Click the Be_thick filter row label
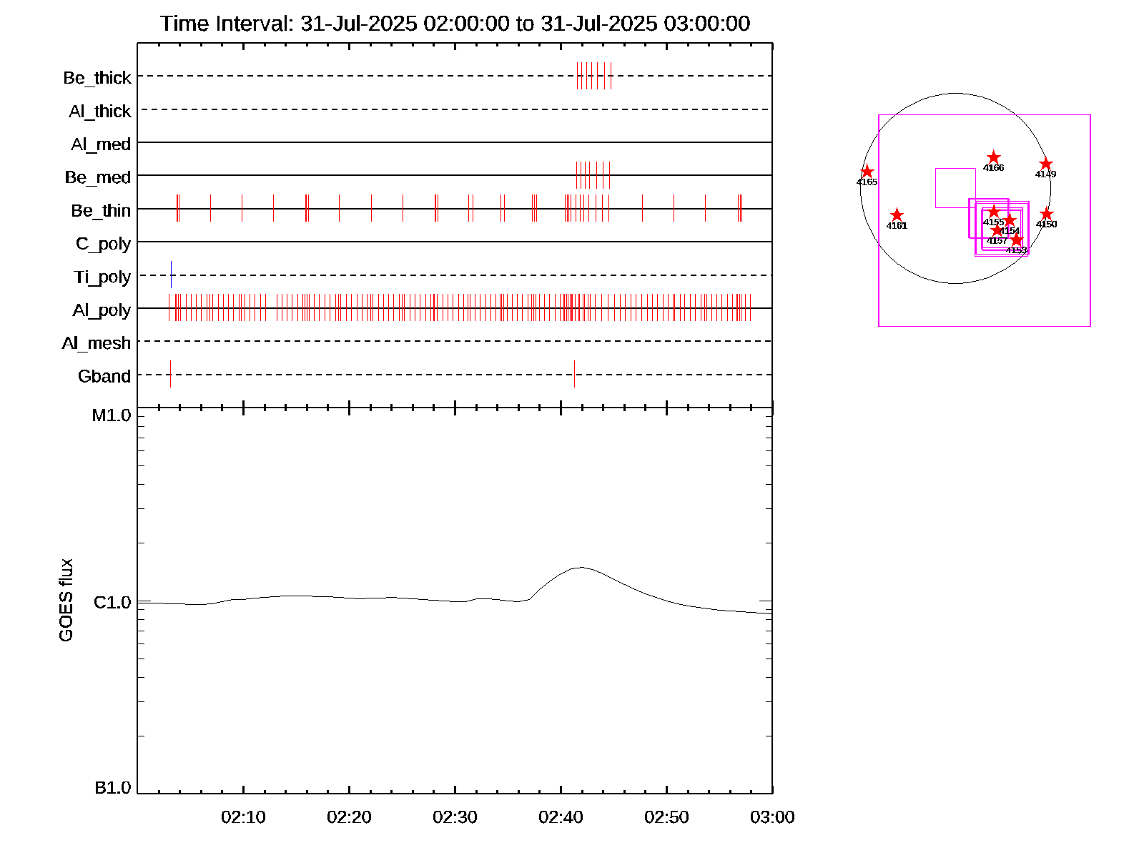coord(97,78)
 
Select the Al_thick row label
coord(100,112)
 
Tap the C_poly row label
coord(103,244)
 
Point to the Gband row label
coord(104,376)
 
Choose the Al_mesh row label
coord(97,343)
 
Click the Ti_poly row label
coord(102,277)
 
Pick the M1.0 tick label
coord(112,415)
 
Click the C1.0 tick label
coord(112,603)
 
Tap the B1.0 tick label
coord(113,788)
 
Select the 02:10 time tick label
coord(243,817)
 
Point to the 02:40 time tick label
coord(561,817)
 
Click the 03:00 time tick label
coord(772,817)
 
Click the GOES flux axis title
coord(66,600)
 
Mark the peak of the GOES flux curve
coord(581,568)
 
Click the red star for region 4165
coord(867,172)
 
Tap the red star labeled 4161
coord(897,215)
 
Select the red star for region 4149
coord(1045,164)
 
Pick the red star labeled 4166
coord(993,157)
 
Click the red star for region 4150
coord(1046,214)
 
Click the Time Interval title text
coord(455,24)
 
